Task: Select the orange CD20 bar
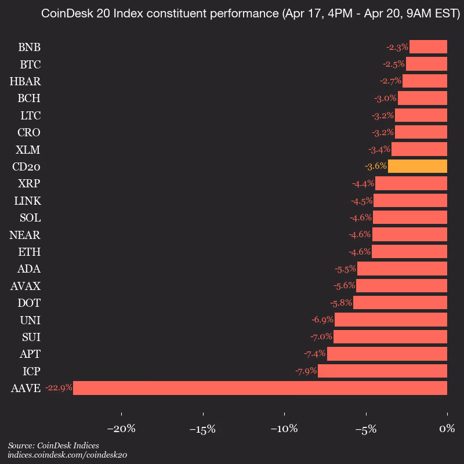click(418, 166)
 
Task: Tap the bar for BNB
click(428, 47)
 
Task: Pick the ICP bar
click(382, 371)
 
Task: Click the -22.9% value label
click(59, 388)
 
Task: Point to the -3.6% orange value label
click(375, 166)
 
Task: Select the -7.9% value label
click(305, 371)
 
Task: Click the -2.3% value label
click(397, 47)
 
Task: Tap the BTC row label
click(30, 64)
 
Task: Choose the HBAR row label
click(25, 81)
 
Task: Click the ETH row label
click(30, 252)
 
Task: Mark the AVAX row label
click(26, 286)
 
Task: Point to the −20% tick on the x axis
click(121, 429)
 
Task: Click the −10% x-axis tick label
click(284, 429)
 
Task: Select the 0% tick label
click(447, 429)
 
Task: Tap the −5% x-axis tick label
click(366, 429)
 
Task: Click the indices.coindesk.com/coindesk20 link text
click(67, 455)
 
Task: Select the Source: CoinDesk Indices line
click(53, 445)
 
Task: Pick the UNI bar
click(391, 320)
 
